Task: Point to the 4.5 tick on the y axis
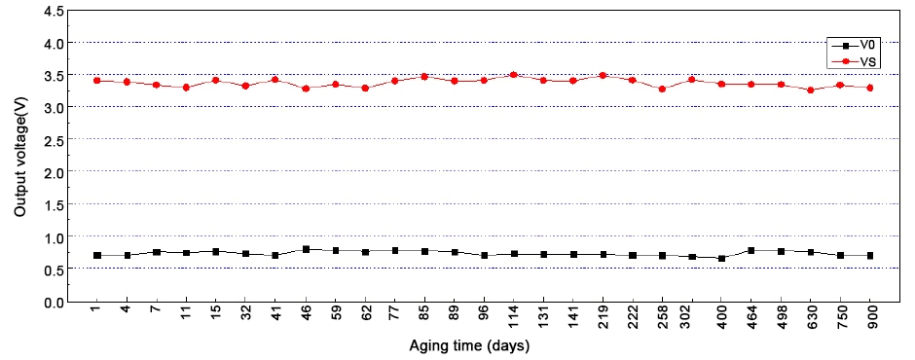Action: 53,11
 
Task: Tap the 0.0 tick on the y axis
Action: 53,302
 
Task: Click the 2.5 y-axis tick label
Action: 53,140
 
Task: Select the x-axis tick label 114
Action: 513,317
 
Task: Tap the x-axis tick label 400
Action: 721,317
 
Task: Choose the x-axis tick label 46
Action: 306,317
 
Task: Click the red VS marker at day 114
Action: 513,75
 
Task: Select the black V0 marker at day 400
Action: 721,258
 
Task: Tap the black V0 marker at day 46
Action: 306,249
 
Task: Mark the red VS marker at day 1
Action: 97,81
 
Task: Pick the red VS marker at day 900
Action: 869,88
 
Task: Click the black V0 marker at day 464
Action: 750,251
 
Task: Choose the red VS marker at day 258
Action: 662,89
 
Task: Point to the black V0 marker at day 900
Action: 869,256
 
